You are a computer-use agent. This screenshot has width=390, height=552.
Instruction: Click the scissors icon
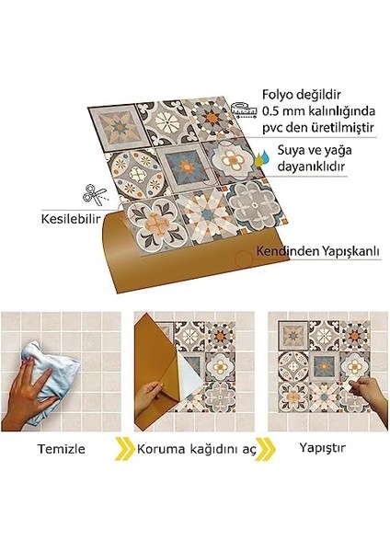point(92,194)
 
